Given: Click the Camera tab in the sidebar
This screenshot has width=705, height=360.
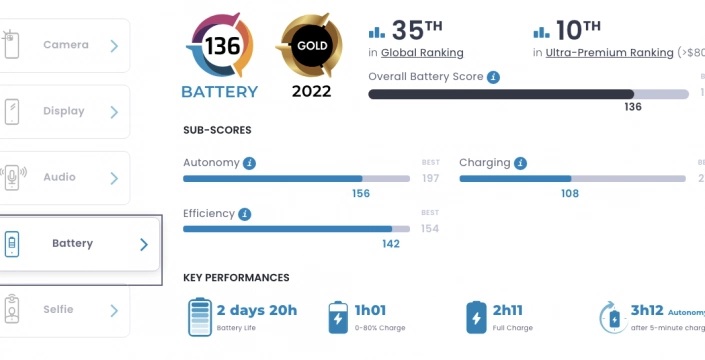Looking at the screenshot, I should pos(65,45).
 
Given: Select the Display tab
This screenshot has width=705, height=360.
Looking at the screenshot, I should pos(65,111).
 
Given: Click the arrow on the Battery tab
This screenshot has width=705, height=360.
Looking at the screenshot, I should pos(144,244).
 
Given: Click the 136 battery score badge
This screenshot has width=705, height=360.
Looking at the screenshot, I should pos(220,47).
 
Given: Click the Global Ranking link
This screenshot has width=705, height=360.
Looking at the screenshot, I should pos(422,53).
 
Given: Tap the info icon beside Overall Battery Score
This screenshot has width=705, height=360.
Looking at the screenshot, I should pos(494,77).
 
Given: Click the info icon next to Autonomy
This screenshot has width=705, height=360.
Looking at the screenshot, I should pos(249,163).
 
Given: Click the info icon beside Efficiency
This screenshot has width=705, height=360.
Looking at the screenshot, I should pos(245,214).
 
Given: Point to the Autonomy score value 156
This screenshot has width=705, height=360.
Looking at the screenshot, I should pos(361,194).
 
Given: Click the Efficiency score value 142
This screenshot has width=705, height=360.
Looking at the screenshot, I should pos(391,244).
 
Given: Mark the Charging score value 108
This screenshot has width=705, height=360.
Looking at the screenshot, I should pos(569,194).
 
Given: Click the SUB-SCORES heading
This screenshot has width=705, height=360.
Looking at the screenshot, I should pos(217,130).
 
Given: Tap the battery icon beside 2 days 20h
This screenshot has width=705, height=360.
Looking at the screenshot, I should pos(200,316).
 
